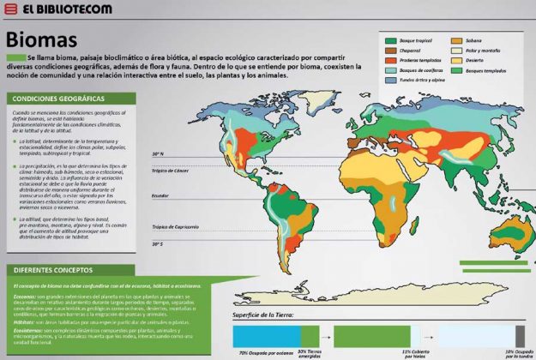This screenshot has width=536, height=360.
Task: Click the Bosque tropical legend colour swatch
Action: click(392, 40)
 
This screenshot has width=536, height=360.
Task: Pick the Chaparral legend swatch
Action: click(392, 51)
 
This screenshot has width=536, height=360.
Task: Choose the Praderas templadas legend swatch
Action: click(392, 61)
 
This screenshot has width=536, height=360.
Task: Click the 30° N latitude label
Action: click(158, 154)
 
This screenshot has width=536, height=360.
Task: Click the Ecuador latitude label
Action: click(160, 196)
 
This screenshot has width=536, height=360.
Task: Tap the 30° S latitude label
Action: click(158, 244)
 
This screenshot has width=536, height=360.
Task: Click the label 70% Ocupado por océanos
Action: click(262, 352)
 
